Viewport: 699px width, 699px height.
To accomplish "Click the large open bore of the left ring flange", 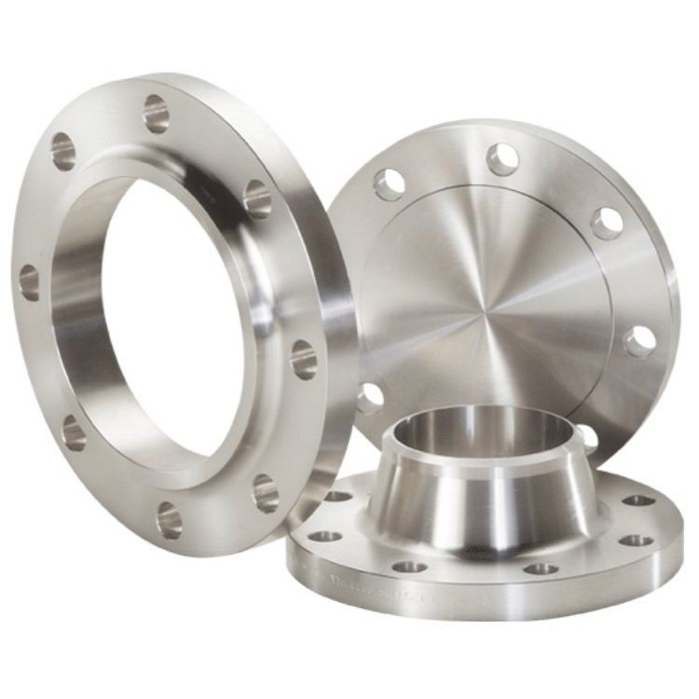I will click(172, 308).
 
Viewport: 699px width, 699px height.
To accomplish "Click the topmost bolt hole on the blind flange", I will click(502, 158).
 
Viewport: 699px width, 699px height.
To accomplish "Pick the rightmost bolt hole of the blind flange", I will click(639, 341).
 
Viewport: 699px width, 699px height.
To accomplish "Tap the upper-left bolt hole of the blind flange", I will click(389, 184).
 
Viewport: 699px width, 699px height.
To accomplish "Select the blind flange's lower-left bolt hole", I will click(370, 398).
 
